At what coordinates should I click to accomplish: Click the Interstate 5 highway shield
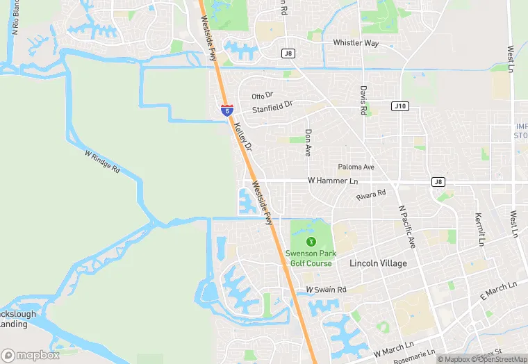[x=226, y=110]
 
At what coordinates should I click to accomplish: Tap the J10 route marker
[x=399, y=106]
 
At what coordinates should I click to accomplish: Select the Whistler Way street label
[x=356, y=43]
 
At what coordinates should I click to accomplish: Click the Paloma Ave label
[x=356, y=167]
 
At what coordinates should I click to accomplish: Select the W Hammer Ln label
[x=333, y=181]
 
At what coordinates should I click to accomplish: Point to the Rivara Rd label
[x=371, y=196]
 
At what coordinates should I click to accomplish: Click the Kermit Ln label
[x=479, y=230]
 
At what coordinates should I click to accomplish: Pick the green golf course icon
[x=311, y=241]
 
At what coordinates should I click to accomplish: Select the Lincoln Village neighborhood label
[x=378, y=264]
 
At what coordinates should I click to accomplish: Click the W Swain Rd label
[x=326, y=289]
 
